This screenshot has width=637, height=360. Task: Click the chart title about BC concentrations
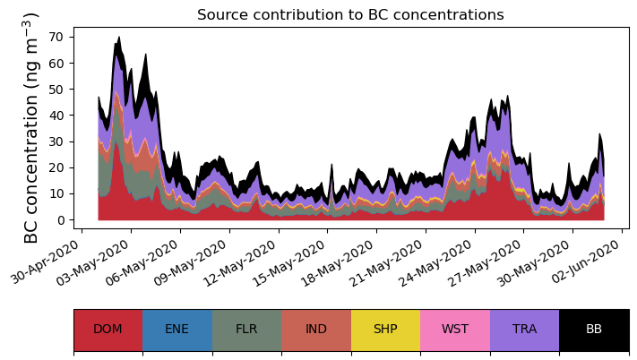[x=350, y=14]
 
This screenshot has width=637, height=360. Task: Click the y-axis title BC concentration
[x=31, y=127]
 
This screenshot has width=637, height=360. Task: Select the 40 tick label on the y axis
[x=58, y=116]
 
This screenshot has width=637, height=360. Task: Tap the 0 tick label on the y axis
[x=62, y=220]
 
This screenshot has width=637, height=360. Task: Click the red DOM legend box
[x=108, y=330]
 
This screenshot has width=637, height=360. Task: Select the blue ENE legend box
[x=177, y=330]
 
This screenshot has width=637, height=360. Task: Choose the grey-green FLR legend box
[x=246, y=330]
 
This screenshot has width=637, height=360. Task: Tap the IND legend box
[x=316, y=330]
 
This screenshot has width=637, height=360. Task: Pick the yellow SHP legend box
[x=385, y=330]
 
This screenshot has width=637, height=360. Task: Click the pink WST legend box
[x=455, y=330]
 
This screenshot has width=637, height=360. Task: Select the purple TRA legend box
[x=524, y=330]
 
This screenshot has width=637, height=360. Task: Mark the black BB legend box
[x=594, y=330]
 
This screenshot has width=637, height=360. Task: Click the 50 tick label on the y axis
[x=58, y=90]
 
